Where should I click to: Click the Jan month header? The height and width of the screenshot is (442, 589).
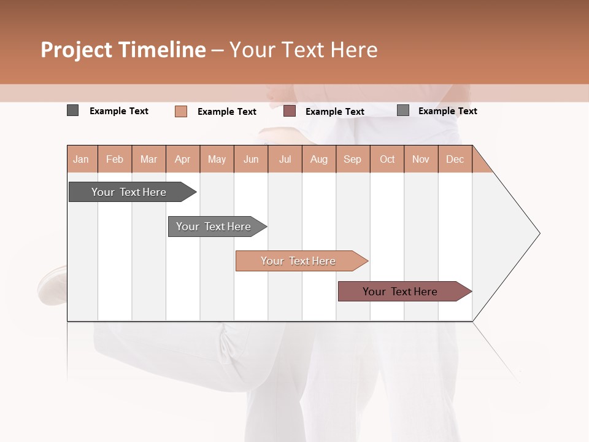click(x=81, y=159)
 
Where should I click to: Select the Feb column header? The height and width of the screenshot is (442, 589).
click(x=115, y=159)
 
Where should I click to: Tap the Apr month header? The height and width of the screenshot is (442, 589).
click(x=183, y=159)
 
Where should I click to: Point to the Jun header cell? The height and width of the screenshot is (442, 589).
click(x=251, y=159)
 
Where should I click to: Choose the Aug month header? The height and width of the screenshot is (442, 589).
click(x=319, y=159)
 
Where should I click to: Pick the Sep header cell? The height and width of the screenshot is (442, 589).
click(x=352, y=159)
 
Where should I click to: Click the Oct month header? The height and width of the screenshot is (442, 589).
click(x=387, y=159)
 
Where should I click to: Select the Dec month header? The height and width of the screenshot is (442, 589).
click(x=455, y=159)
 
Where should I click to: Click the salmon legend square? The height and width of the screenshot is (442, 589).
click(x=181, y=111)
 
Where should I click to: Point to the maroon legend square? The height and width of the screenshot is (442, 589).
click(x=290, y=111)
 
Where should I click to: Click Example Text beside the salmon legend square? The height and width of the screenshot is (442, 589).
click(x=227, y=112)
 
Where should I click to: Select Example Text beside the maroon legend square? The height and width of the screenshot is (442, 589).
click(x=335, y=112)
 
